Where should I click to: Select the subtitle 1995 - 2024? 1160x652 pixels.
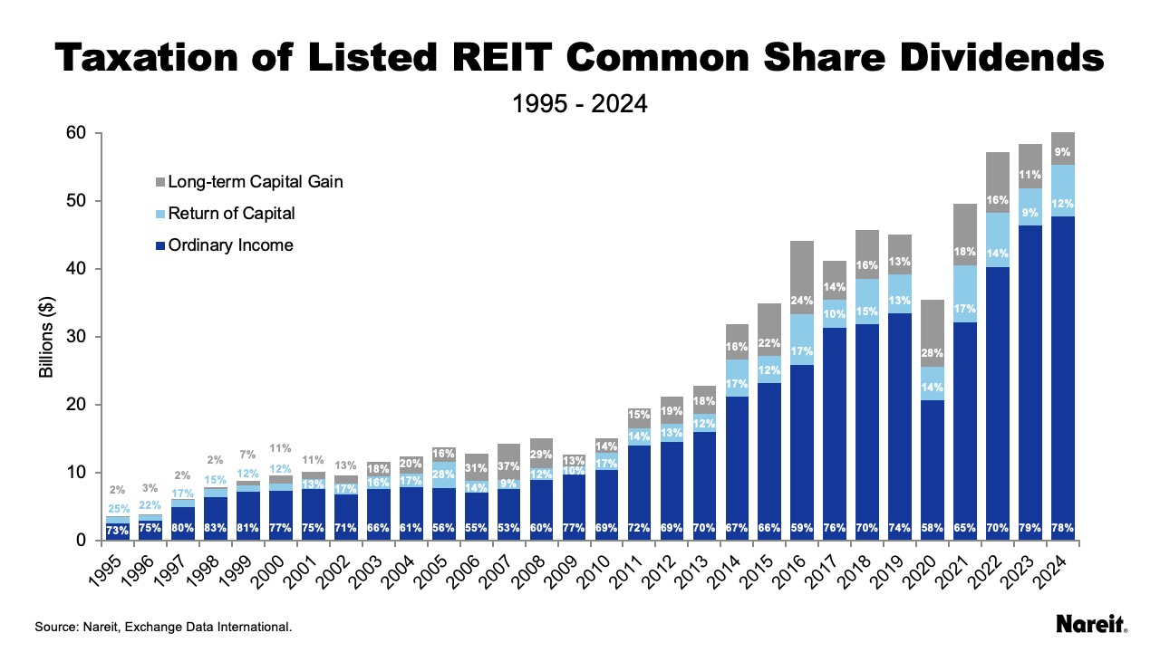pyautogui.click(x=579, y=104)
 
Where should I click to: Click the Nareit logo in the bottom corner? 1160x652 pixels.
pyautogui.click(x=1091, y=624)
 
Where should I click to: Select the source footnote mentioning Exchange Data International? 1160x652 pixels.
pyautogui.click(x=163, y=626)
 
